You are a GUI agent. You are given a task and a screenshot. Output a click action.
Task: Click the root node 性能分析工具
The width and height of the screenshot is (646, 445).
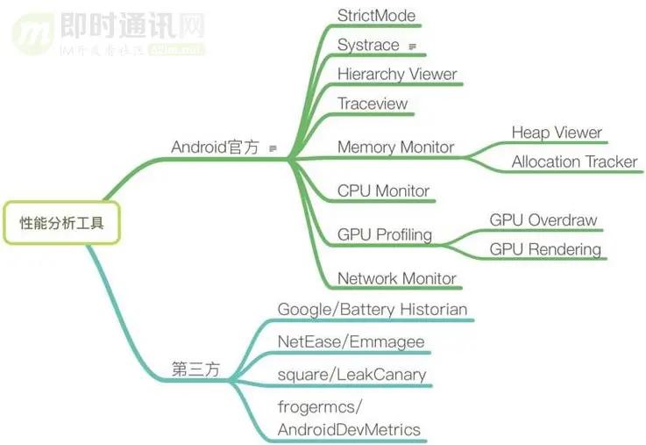[x=60, y=223]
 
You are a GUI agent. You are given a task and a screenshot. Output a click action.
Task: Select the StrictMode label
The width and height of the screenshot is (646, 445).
[x=376, y=15]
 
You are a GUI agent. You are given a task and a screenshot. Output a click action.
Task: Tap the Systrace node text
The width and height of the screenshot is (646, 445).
[x=368, y=45]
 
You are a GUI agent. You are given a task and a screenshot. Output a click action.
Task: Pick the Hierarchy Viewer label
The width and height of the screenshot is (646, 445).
[x=397, y=74]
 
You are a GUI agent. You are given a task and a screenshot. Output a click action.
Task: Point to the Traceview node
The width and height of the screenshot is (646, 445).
[x=373, y=104]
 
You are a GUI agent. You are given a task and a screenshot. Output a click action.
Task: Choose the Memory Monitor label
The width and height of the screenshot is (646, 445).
[x=395, y=147]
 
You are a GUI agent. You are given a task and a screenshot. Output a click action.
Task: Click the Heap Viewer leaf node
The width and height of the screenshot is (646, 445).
[x=557, y=133]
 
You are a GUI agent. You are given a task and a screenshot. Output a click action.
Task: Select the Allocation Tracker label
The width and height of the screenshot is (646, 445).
[x=574, y=161]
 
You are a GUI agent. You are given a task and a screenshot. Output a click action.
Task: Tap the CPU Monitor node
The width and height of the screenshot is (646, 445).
[x=383, y=190]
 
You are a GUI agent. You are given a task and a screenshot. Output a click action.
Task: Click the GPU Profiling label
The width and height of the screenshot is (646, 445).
[x=385, y=234]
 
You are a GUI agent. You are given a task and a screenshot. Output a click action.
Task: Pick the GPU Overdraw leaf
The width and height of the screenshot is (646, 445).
[x=543, y=220]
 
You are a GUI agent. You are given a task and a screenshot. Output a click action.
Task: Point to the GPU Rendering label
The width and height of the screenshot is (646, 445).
[x=545, y=249]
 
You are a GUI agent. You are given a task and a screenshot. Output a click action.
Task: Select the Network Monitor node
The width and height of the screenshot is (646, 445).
[x=396, y=278]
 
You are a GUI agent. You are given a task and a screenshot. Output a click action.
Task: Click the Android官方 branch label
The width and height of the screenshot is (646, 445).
[x=215, y=147]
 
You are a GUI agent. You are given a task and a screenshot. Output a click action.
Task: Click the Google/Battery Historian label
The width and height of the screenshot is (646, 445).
[x=372, y=309]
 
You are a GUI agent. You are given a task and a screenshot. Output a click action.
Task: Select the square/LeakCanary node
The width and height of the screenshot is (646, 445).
[x=351, y=374]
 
